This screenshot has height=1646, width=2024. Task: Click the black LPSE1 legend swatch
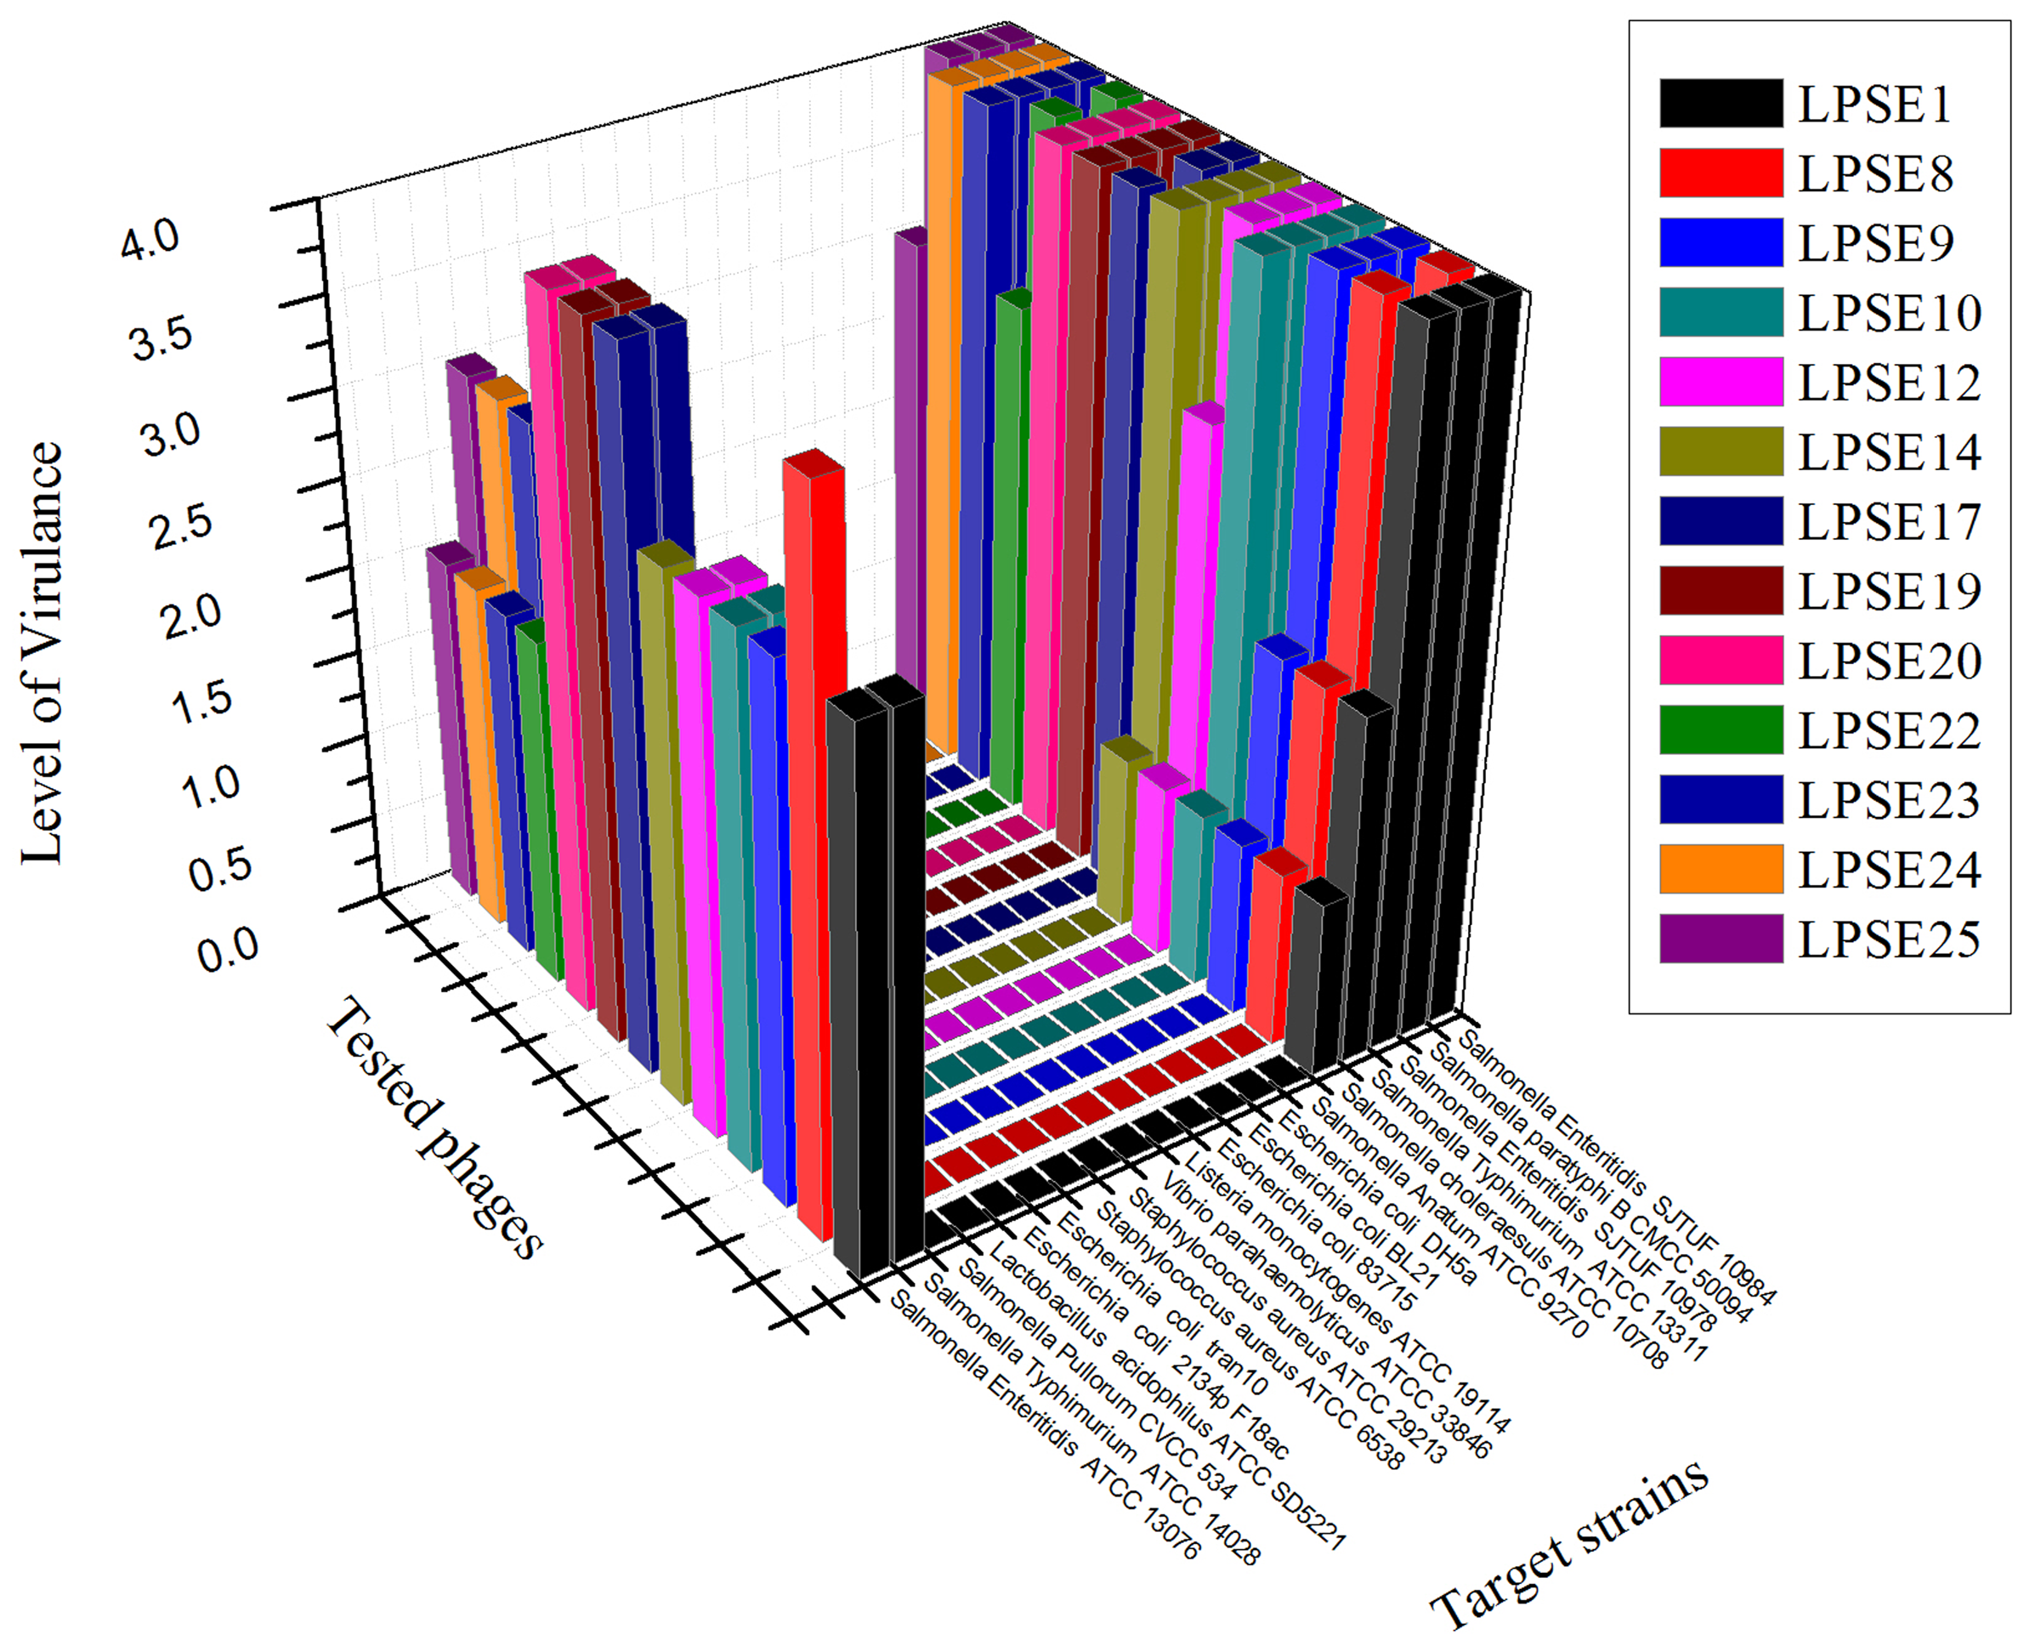coord(1721,102)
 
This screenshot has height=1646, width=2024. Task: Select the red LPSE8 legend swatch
coord(1721,173)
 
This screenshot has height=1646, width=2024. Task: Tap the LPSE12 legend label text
coord(1890,382)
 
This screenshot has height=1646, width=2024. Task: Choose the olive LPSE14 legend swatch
coord(1721,451)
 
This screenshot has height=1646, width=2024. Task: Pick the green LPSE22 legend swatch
coord(1721,730)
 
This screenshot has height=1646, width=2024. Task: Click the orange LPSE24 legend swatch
coord(1721,870)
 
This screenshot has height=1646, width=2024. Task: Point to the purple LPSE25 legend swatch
coord(1721,939)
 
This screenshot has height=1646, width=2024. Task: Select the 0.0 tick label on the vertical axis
coord(229,949)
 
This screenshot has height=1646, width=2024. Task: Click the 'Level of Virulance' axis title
coord(43,653)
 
